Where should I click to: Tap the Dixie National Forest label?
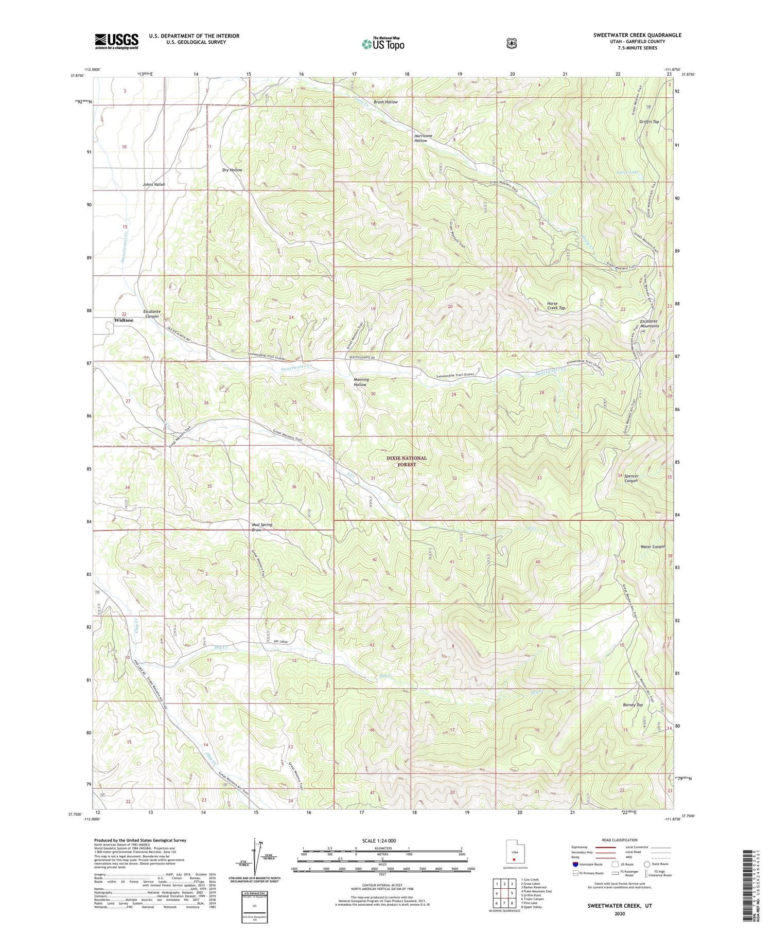coord(407,461)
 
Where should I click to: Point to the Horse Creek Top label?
coord(556,306)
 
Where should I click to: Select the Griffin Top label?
coord(649,122)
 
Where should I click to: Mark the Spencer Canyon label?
coord(631,478)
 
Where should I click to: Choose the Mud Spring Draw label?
coord(261,527)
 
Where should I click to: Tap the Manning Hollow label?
coord(361,382)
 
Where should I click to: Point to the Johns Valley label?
coord(154,184)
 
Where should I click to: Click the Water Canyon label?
coord(653,547)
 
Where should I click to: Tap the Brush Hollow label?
coord(385,102)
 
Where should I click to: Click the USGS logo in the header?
coord(116,41)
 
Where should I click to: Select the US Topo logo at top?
coord(383,44)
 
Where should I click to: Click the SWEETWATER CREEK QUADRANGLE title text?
coord(637,35)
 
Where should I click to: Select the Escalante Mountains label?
coord(649,323)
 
